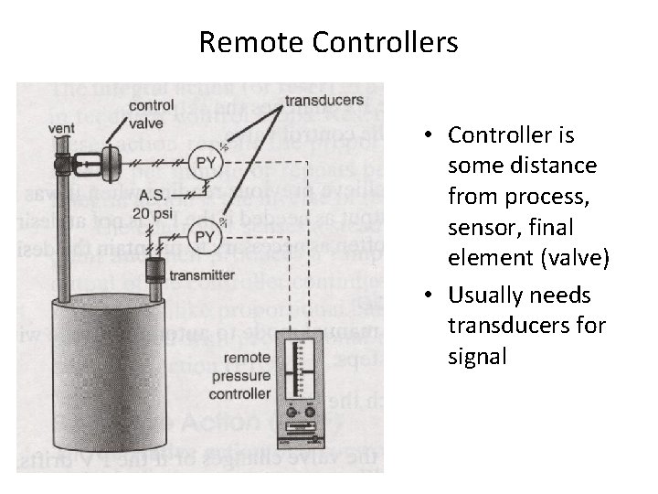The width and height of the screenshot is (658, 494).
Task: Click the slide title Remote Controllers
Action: (x=328, y=42)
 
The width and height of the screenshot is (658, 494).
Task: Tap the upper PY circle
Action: (x=207, y=163)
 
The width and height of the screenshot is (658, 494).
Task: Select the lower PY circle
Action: (x=206, y=237)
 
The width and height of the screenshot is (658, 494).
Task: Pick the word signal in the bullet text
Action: (x=476, y=355)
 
